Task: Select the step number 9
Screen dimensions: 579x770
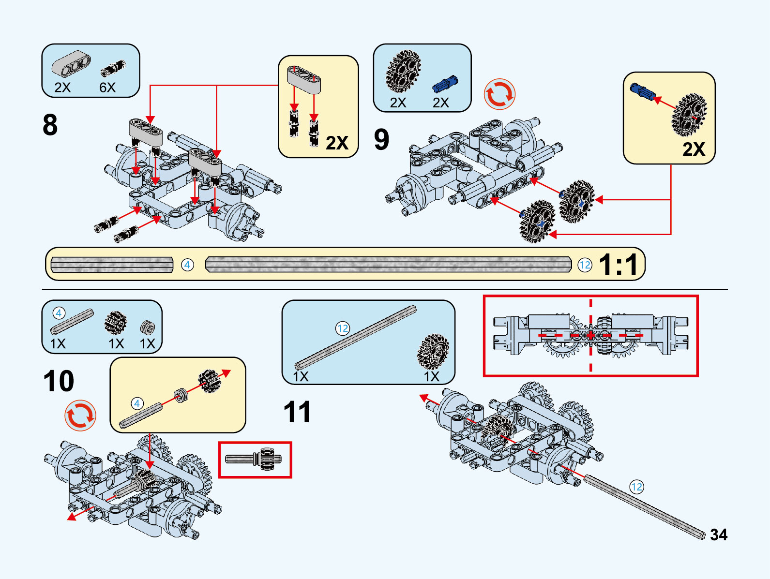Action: click(x=381, y=139)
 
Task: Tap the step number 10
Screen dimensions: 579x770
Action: click(x=59, y=381)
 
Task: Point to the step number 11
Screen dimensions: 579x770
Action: click(x=297, y=412)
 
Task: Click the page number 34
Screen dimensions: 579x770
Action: click(x=719, y=534)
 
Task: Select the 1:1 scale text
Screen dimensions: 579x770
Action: click(x=619, y=265)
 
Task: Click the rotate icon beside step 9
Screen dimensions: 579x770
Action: click(x=499, y=94)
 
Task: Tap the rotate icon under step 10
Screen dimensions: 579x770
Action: click(x=80, y=416)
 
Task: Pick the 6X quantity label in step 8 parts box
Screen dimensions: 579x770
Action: click(x=107, y=88)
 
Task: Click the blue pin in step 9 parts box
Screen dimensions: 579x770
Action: click(x=444, y=85)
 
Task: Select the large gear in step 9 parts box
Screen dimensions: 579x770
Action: click(x=403, y=71)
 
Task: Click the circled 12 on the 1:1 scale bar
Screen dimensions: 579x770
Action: click(x=585, y=265)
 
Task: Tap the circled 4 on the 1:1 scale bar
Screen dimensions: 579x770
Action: click(x=187, y=265)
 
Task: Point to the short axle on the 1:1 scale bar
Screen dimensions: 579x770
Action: click(x=112, y=265)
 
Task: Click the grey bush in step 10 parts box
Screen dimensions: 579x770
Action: click(x=147, y=328)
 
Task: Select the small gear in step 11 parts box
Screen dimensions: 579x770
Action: click(x=433, y=351)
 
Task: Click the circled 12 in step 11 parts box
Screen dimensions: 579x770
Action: click(x=343, y=329)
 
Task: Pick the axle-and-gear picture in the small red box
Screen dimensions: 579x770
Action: click(x=255, y=460)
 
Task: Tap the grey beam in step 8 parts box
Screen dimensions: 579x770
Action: click(x=72, y=63)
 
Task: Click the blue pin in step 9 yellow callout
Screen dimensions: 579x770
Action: click(x=642, y=91)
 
